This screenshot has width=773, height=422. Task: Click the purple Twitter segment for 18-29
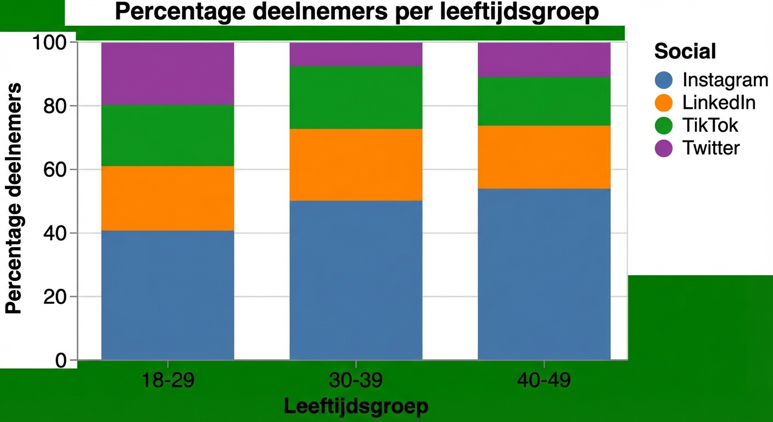(168, 73)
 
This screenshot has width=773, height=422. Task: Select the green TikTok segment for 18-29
(168, 135)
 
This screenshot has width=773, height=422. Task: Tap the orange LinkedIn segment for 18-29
(168, 198)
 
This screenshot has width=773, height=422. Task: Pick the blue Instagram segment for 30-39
(356, 280)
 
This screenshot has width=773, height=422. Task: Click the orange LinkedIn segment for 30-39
(356, 164)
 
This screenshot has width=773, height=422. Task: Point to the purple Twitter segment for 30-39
(356, 54)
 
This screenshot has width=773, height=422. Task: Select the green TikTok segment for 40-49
(544, 101)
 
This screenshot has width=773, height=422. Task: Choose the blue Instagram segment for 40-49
(544, 274)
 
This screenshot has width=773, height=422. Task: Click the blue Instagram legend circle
(664, 80)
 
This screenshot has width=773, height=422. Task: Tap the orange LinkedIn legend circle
(664, 103)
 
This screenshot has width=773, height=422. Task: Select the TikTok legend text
(710, 125)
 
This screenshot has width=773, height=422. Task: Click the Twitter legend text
(711, 148)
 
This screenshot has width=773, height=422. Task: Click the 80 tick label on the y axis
(54, 105)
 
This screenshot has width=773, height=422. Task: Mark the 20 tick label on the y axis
(54, 297)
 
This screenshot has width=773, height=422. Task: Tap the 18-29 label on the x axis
(168, 381)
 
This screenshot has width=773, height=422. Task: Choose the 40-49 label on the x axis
(544, 381)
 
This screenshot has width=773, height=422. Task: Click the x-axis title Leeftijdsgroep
(356, 407)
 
